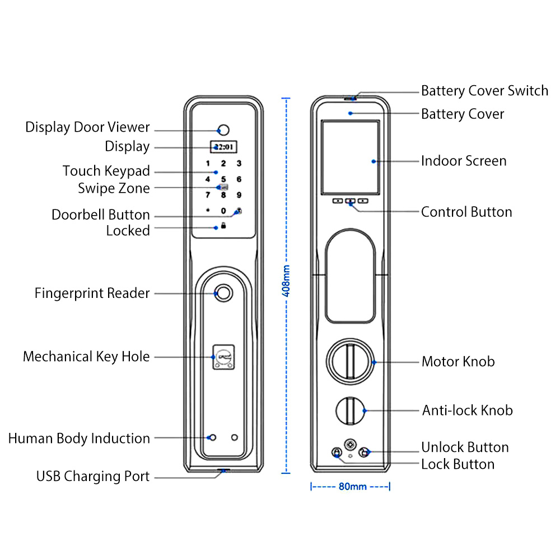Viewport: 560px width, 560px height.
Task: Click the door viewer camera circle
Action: [224, 130]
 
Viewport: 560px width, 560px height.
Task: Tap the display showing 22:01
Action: [224, 147]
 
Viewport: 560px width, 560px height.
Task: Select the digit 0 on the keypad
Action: [223, 211]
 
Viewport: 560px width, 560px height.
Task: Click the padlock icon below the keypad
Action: [223, 226]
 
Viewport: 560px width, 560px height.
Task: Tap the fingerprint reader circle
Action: [223, 293]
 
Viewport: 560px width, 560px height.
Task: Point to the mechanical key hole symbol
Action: [223, 357]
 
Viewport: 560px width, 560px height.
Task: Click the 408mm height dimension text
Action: [287, 280]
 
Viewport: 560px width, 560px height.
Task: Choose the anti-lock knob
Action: [349, 411]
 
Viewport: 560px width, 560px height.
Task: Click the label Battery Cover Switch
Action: [484, 91]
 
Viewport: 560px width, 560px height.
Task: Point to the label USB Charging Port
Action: [93, 477]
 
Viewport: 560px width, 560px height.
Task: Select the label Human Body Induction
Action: [79, 438]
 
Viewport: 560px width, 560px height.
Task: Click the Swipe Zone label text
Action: [114, 188]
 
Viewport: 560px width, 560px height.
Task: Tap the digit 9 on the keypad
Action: [239, 195]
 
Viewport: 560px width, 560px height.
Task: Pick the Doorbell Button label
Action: [101, 215]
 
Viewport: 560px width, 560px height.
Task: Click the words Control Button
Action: [466, 212]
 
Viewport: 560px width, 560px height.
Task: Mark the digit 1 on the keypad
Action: [208, 164]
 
